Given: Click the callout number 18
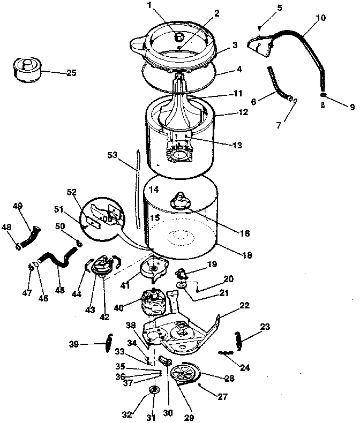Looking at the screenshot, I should click(x=247, y=255).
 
